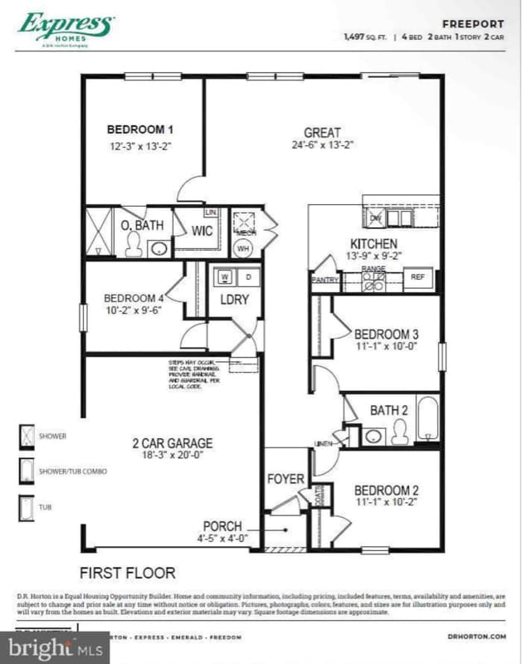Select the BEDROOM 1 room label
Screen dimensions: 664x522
pyautogui.click(x=140, y=129)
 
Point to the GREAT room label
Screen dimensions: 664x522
pyautogui.click(x=322, y=132)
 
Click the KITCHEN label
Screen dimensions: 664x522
pyautogui.click(x=373, y=244)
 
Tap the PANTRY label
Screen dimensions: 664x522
pyautogui.click(x=324, y=281)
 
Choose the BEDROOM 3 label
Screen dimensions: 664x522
pyautogui.click(x=386, y=334)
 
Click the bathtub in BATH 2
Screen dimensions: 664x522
pyautogui.click(x=427, y=419)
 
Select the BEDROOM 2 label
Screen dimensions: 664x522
pyautogui.click(x=386, y=490)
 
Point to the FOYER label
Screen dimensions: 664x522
pyautogui.click(x=285, y=479)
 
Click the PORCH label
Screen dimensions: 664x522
pyautogui.click(x=222, y=526)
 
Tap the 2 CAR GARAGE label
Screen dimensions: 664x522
pyautogui.click(x=173, y=443)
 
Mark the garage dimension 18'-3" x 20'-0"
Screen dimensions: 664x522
pyautogui.click(x=173, y=456)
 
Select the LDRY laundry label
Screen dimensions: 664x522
pyautogui.click(x=234, y=300)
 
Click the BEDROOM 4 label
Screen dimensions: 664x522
pyautogui.click(x=134, y=298)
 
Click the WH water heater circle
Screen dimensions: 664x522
pyautogui.click(x=243, y=247)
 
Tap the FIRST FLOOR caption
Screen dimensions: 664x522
pyautogui.click(x=127, y=572)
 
